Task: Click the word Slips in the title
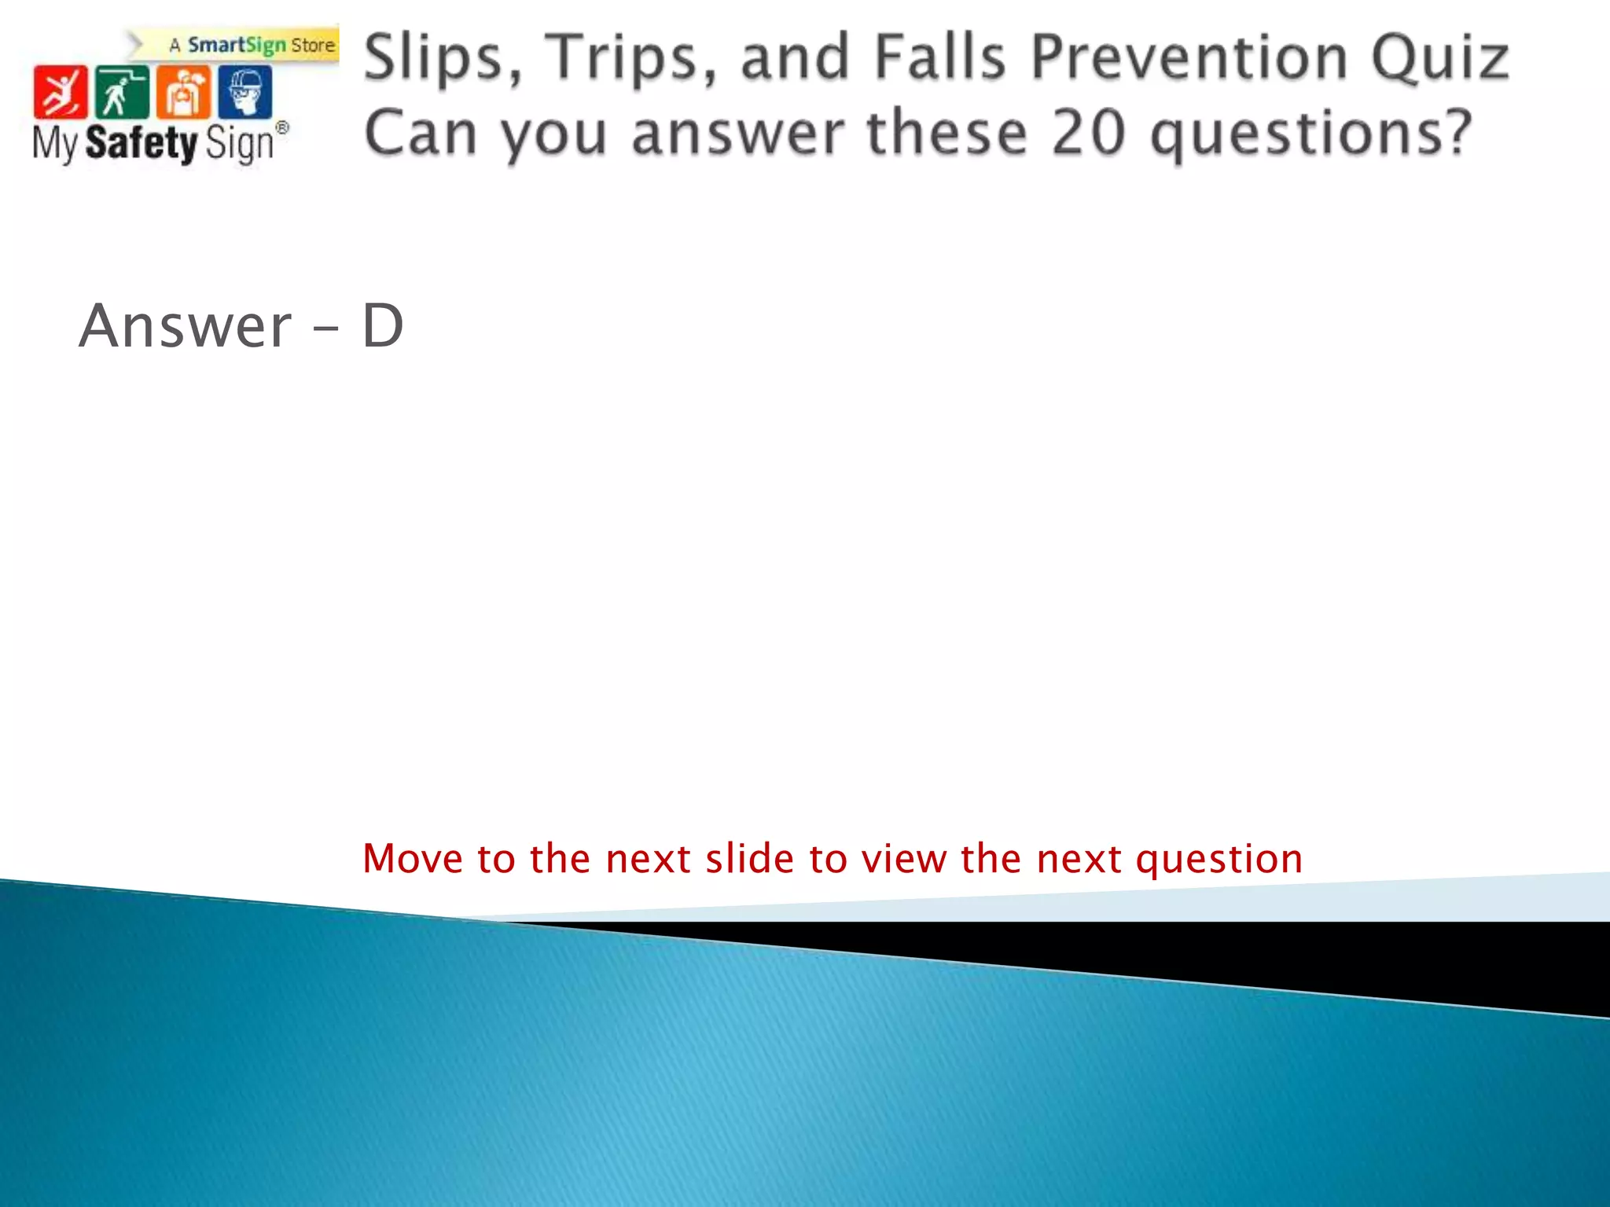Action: pos(443,58)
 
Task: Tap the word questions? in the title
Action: pos(1310,134)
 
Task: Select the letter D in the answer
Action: pos(383,325)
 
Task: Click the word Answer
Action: pos(186,325)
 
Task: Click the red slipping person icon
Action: pos(60,92)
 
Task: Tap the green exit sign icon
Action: pos(121,92)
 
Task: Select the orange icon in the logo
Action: pos(183,92)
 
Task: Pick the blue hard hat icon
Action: pos(244,92)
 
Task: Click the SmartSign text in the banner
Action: pos(237,45)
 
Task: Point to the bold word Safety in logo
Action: pos(142,143)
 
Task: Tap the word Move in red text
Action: pos(413,858)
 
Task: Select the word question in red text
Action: pos(1219,860)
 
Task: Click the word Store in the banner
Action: pos(313,46)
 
